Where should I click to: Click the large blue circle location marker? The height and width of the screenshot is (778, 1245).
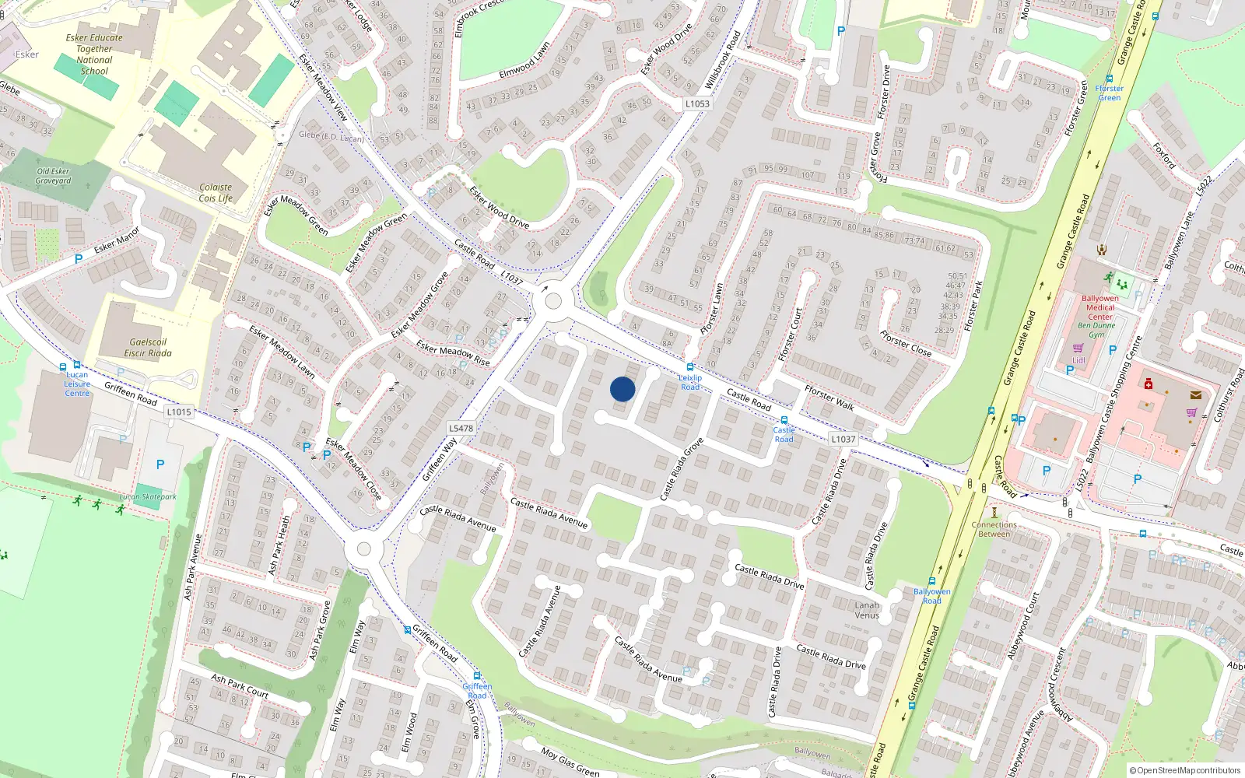622,389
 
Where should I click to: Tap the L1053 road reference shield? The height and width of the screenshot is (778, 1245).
697,103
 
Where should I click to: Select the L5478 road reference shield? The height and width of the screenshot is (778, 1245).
461,428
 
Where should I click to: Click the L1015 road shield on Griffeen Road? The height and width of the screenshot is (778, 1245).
178,412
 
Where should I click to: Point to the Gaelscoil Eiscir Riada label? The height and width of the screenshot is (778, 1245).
148,347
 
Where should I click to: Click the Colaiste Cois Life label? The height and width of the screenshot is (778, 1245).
216,192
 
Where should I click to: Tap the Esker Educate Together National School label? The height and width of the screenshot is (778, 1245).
94,54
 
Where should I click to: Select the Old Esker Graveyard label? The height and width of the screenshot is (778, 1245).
53,176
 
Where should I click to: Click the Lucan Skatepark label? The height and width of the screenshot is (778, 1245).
148,496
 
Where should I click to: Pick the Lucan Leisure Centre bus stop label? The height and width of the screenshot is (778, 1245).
77,384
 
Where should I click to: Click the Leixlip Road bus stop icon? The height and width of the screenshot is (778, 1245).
689,367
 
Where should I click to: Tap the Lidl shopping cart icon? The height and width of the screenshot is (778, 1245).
1078,348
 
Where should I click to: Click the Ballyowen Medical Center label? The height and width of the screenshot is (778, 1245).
1100,307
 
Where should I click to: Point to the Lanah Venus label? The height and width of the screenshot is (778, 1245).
867,610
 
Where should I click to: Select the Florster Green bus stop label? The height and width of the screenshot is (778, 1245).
1110,93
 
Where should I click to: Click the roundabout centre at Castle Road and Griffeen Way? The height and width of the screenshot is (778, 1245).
553,301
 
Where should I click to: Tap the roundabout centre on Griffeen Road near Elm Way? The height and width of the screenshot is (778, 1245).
363,549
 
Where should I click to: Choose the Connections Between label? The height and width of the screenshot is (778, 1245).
994,529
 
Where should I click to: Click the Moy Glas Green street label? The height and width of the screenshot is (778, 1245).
570,762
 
